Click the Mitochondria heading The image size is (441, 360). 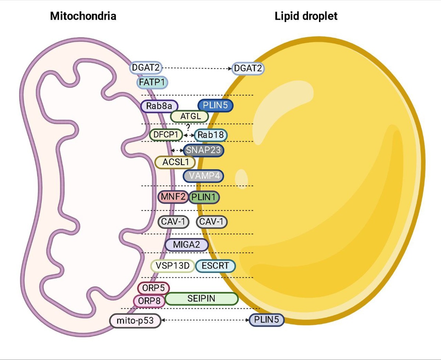click(x=83, y=16)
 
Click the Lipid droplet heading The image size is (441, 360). click(x=306, y=16)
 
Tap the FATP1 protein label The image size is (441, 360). click(x=153, y=82)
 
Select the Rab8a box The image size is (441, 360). click(x=159, y=106)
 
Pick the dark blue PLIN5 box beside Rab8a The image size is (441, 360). click(x=215, y=105)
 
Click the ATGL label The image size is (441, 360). click(x=189, y=116)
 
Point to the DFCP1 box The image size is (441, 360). click(x=166, y=135)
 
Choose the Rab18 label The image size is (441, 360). click(x=211, y=135)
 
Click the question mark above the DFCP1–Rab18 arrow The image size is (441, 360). click(x=188, y=127)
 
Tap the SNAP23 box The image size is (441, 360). click(x=204, y=150)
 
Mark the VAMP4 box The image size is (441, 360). click(x=203, y=176)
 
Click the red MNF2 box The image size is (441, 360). click(x=173, y=197)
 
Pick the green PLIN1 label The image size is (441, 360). click(x=204, y=197)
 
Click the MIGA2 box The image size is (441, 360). click(x=187, y=245)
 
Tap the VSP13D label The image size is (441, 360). click(x=172, y=266)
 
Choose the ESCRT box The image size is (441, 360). click(x=215, y=266)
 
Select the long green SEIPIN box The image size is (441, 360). click(x=201, y=298)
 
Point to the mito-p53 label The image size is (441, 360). click(x=136, y=321)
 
